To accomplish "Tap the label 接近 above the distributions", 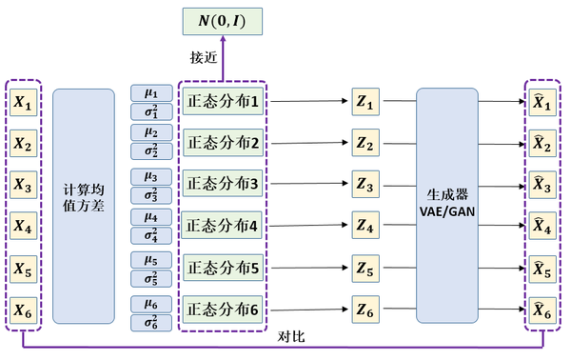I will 204,58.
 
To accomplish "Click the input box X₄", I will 24,226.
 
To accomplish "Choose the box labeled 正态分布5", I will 222,268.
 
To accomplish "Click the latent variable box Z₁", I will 366,101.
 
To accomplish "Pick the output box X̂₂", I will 541,143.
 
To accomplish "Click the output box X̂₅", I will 541,269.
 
